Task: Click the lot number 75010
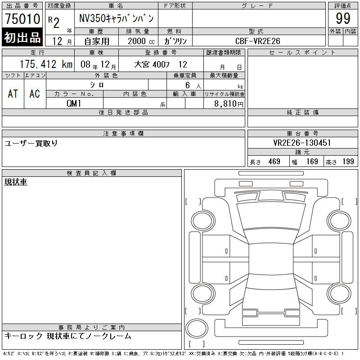[22, 18]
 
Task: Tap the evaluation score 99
[343, 18]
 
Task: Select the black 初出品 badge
[22, 37]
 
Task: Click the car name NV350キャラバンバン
[116, 18]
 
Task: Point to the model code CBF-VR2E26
[257, 41]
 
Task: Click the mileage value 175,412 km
[46, 64]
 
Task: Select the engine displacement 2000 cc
[141, 41]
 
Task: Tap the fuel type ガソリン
[175, 41]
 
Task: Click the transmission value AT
[13, 94]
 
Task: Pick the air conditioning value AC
[35, 94]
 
